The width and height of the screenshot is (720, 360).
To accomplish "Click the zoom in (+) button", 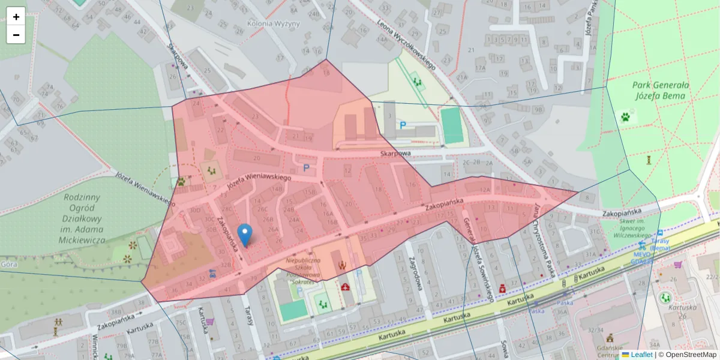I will coord(16,17).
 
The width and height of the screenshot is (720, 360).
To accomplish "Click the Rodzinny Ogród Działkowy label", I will coord(83,218).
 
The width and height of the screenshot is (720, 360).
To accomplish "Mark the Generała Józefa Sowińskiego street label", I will coord(478,259).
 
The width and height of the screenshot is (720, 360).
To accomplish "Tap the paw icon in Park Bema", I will coord(627,116).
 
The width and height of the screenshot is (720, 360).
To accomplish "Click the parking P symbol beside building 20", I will coord(307,169).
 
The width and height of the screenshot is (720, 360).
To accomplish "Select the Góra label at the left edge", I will coord(8,263).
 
